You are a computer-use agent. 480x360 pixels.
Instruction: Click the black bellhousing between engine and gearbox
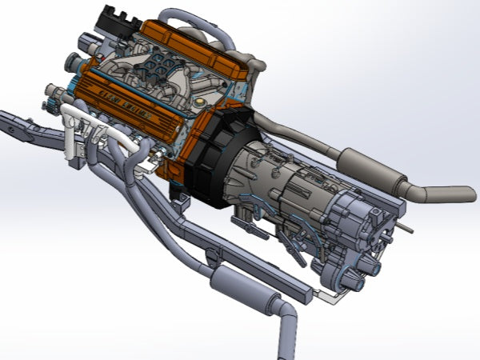216,156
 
